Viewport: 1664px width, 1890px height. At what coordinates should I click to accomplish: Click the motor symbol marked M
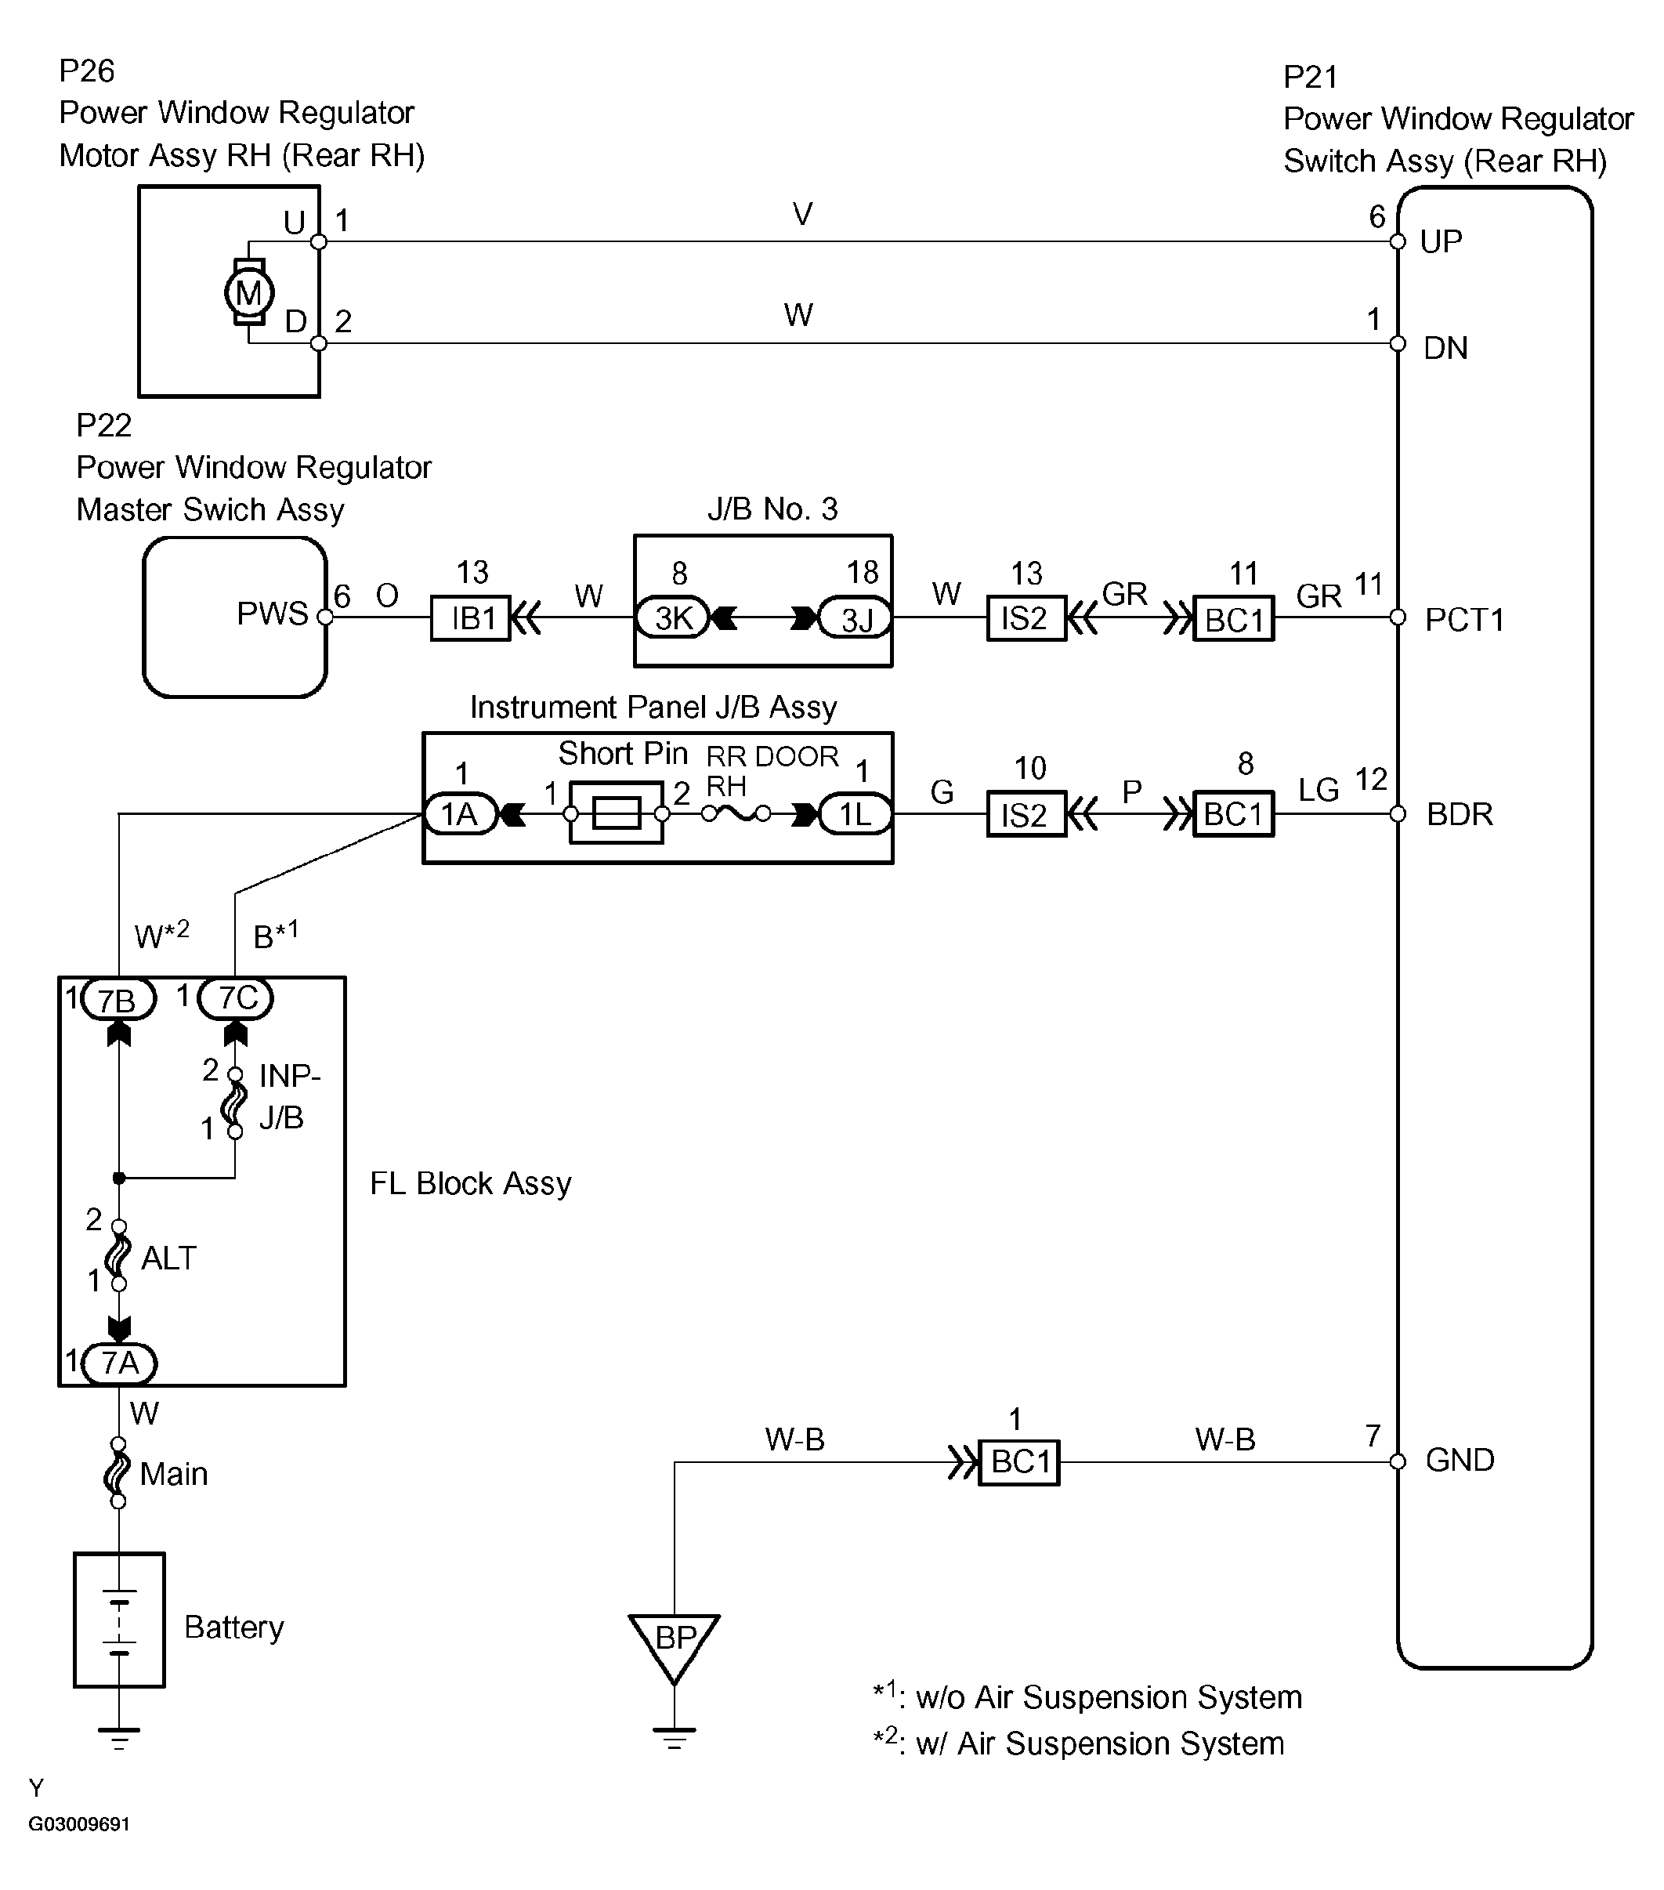[x=248, y=293]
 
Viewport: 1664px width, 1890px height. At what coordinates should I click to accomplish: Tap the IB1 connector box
[x=471, y=617]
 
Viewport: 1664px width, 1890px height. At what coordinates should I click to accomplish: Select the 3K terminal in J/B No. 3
[x=673, y=617]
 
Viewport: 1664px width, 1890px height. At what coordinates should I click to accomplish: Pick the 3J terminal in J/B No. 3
[x=856, y=617]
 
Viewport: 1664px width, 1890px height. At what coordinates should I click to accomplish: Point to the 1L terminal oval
[x=856, y=813]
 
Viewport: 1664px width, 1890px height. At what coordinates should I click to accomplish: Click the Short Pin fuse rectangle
[x=617, y=813]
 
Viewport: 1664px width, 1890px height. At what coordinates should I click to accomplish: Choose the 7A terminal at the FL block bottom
[x=119, y=1363]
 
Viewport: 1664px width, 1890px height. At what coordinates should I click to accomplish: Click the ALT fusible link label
[x=168, y=1258]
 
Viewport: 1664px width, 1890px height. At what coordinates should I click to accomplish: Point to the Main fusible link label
[x=174, y=1473]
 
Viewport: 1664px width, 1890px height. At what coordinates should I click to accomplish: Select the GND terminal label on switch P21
[x=1460, y=1460]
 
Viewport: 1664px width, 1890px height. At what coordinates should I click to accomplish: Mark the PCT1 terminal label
[x=1464, y=618]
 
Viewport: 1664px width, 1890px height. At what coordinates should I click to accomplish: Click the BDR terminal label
[x=1460, y=813]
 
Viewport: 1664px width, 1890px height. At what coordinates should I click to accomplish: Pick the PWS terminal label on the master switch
[x=272, y=613]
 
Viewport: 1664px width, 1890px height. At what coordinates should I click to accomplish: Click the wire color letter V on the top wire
[x=802, y=215]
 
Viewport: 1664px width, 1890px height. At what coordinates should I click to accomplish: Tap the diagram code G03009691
[x=78, y=1824]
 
